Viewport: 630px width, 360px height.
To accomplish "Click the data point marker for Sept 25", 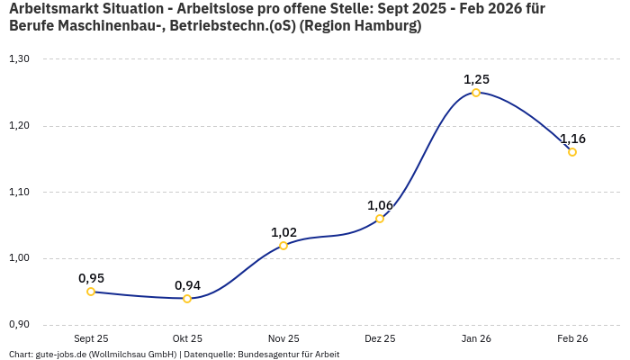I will (91, 292).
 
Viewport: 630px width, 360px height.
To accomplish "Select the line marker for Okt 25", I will (187, 299).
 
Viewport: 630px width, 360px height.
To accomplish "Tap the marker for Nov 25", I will (283, 245).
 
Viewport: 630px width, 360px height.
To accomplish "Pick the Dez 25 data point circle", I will (380, 219).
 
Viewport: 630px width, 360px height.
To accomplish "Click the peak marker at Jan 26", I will (476, 93).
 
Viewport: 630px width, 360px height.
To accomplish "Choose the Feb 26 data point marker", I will (572, 152).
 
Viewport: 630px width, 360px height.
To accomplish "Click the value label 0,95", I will (91, 278).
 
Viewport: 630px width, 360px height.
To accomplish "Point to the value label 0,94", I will (187, 285).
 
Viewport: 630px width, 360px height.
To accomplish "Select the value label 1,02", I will (283, 232).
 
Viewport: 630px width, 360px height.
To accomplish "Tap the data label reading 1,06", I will (380, 205).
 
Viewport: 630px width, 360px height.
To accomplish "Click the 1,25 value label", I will (476, 79).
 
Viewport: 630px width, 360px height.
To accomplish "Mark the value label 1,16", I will (572, 139).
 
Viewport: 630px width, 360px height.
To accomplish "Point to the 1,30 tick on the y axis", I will (19, 59).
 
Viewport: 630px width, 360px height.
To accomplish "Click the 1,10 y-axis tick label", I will (19, 193).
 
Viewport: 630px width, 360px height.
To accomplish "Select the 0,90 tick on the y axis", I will (19, 325).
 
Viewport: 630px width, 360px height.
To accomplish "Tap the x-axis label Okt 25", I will (187, 339).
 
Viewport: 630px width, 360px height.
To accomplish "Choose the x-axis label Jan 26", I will (476, 339).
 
